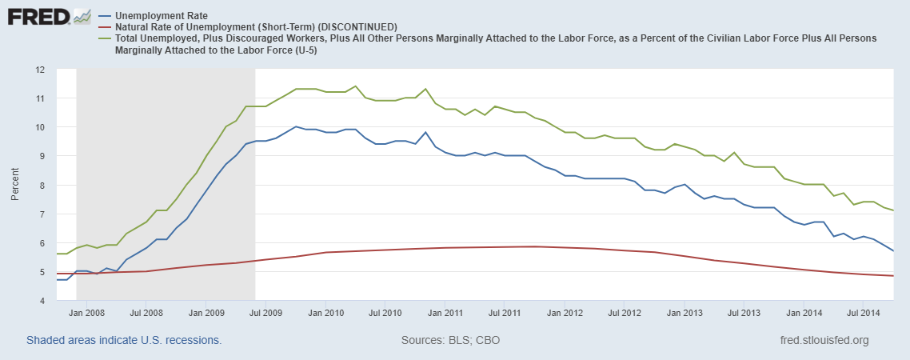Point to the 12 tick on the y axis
tap(39, 70)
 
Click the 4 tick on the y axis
tap(42, 301)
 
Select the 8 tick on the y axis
tap(42, 186)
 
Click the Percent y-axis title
tap(15, 185)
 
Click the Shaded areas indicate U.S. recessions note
tap(124, 341)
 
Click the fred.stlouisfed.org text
tap(824, 341)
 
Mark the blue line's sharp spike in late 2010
tap(425, 132)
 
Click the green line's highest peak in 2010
tap(355, 86)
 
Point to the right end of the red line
tap(892, 276)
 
